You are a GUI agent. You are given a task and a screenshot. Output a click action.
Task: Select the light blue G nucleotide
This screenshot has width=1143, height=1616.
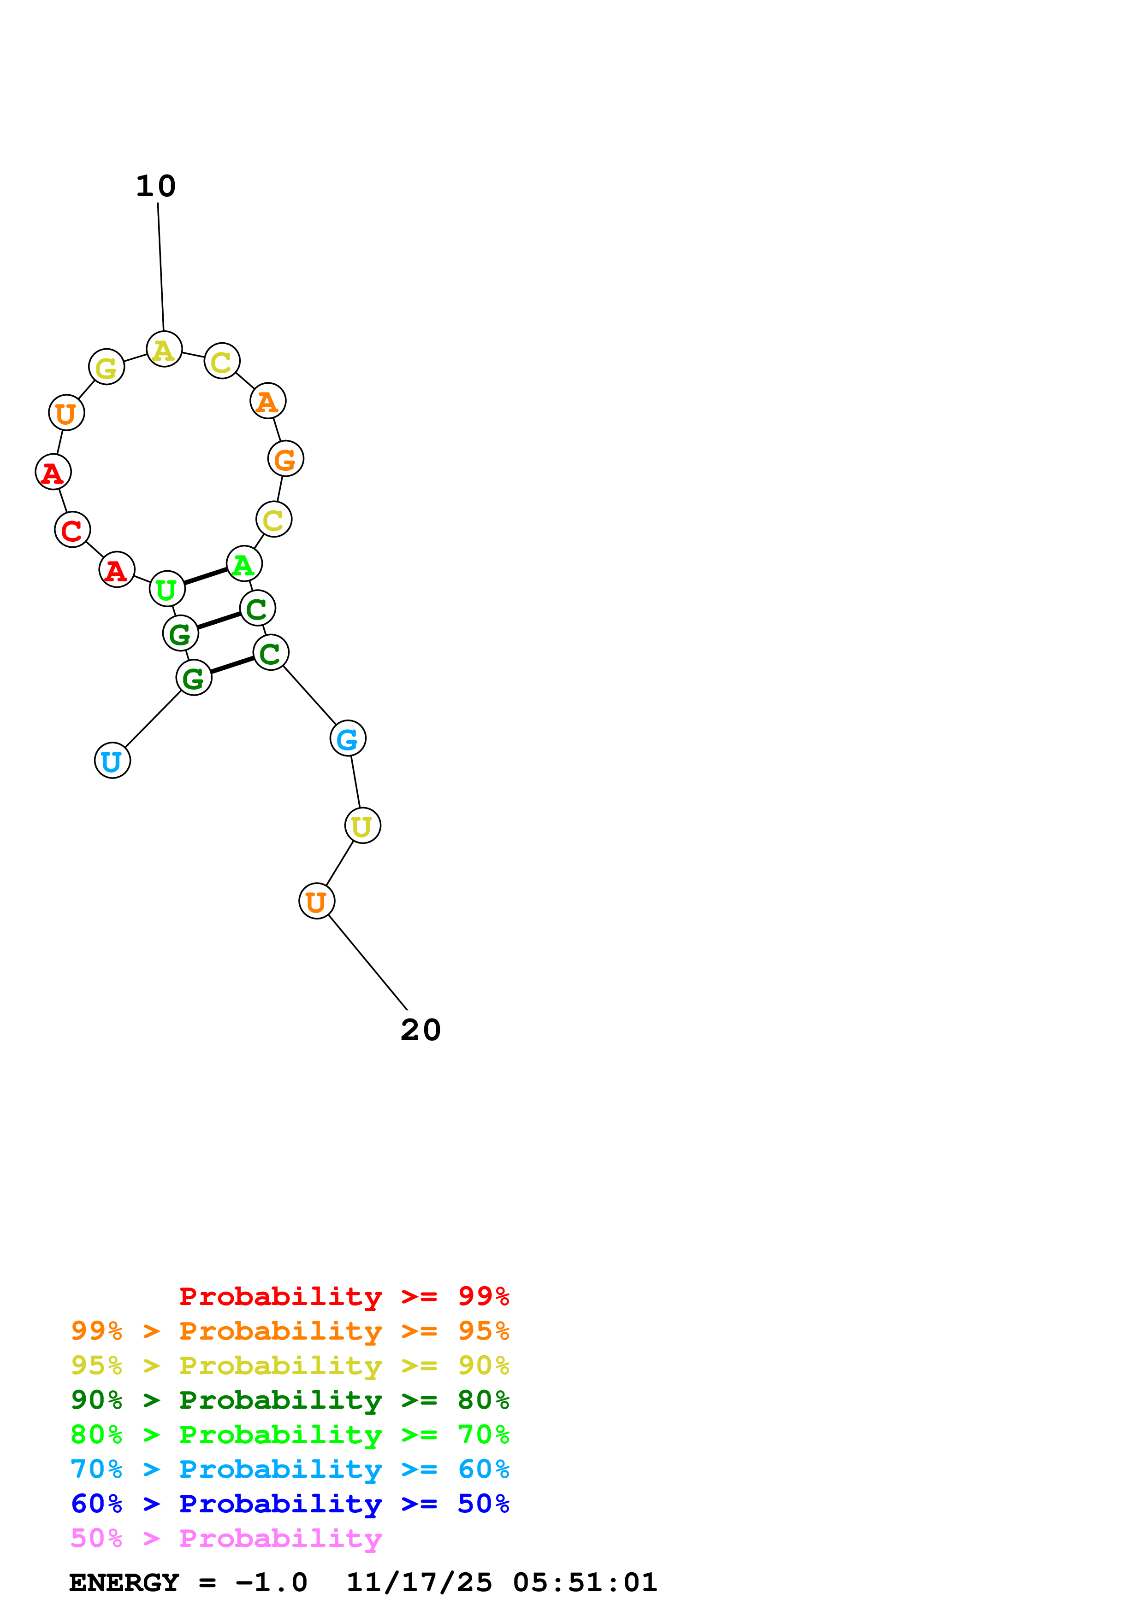pos(348,738)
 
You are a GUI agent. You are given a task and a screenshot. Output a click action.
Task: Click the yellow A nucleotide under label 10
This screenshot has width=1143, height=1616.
pos(164,349)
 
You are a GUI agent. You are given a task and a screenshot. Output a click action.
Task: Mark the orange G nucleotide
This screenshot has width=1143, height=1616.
pos(286,459)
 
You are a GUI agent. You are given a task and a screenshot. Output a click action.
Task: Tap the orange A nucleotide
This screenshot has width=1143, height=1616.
pos(267,401)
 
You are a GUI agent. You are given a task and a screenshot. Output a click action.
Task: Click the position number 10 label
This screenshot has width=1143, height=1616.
pos(156,187)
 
